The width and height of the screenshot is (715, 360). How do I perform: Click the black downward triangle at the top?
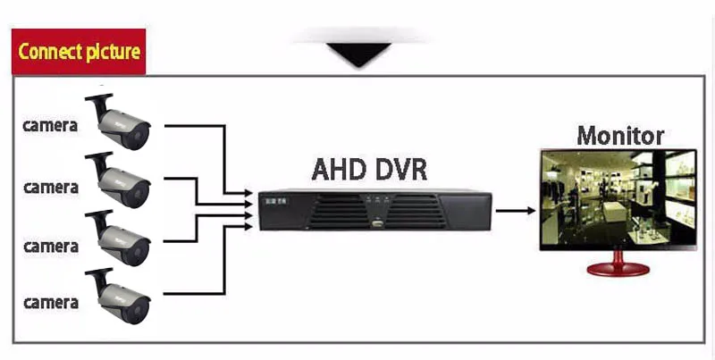[x=359, y=54]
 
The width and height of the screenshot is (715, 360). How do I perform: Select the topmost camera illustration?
[x=118, y=121]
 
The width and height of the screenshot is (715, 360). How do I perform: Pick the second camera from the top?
[x=118, y=180]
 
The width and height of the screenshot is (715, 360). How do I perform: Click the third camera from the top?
[x=118, y=239]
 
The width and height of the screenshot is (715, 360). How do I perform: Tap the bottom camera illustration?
[x=118, y=297]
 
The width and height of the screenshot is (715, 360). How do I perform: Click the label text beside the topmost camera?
[x=50, y=126]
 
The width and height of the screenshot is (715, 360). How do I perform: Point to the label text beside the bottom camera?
[x=51, y=303]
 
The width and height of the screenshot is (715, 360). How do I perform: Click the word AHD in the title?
[x=339, y=170]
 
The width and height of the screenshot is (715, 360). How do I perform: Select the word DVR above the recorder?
[x=401, y=170]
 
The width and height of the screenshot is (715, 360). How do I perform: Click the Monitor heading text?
[x=620, y=136]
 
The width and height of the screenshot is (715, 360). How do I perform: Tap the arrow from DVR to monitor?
[x=516, y=211]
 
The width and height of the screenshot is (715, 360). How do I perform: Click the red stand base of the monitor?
[x=618, y=269]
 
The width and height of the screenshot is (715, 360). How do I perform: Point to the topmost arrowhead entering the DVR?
[x=248, y=193]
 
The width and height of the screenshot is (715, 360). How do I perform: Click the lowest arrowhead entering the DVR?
[x=248, y=226]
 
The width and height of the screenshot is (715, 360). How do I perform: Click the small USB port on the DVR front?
[x=376, y=223]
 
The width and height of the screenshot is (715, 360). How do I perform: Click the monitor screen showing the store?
[x=618, y=198]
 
